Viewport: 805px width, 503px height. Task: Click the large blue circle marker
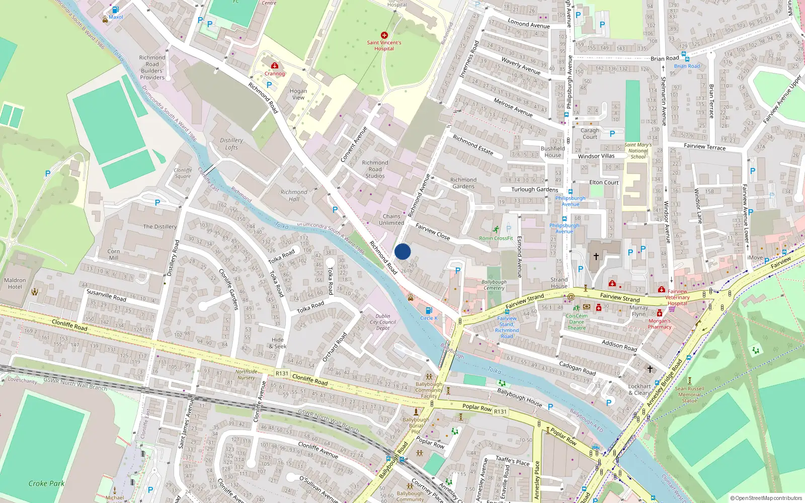click(403, 251)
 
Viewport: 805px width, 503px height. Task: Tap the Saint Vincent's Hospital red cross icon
click(384, 35)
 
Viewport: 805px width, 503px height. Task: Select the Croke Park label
click(46, 483)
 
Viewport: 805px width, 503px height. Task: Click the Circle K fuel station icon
click(429, 311)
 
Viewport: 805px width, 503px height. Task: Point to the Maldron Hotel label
click(15, 284)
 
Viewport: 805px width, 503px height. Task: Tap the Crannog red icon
click(275, 66)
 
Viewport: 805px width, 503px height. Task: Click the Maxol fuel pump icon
click(115, 10)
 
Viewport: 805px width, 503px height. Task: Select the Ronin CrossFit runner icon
click(496, 230)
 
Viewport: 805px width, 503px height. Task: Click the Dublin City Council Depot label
click(383, 322)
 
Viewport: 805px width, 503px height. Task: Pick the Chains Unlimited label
click(391, 219)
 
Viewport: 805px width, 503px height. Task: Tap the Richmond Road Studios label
click(375, 170)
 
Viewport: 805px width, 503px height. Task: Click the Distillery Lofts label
click(231, 144)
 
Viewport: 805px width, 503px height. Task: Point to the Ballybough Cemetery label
click(494, 285)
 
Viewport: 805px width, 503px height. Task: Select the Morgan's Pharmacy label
click(660, 324)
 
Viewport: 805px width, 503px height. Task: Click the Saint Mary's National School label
click(638, 151)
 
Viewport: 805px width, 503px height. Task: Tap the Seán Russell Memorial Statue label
click(689, 394)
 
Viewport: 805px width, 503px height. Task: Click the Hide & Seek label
click(278, 343)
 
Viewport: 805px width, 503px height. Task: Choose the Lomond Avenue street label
click(529, 24)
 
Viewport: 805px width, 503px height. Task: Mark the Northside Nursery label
click(246, 375)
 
